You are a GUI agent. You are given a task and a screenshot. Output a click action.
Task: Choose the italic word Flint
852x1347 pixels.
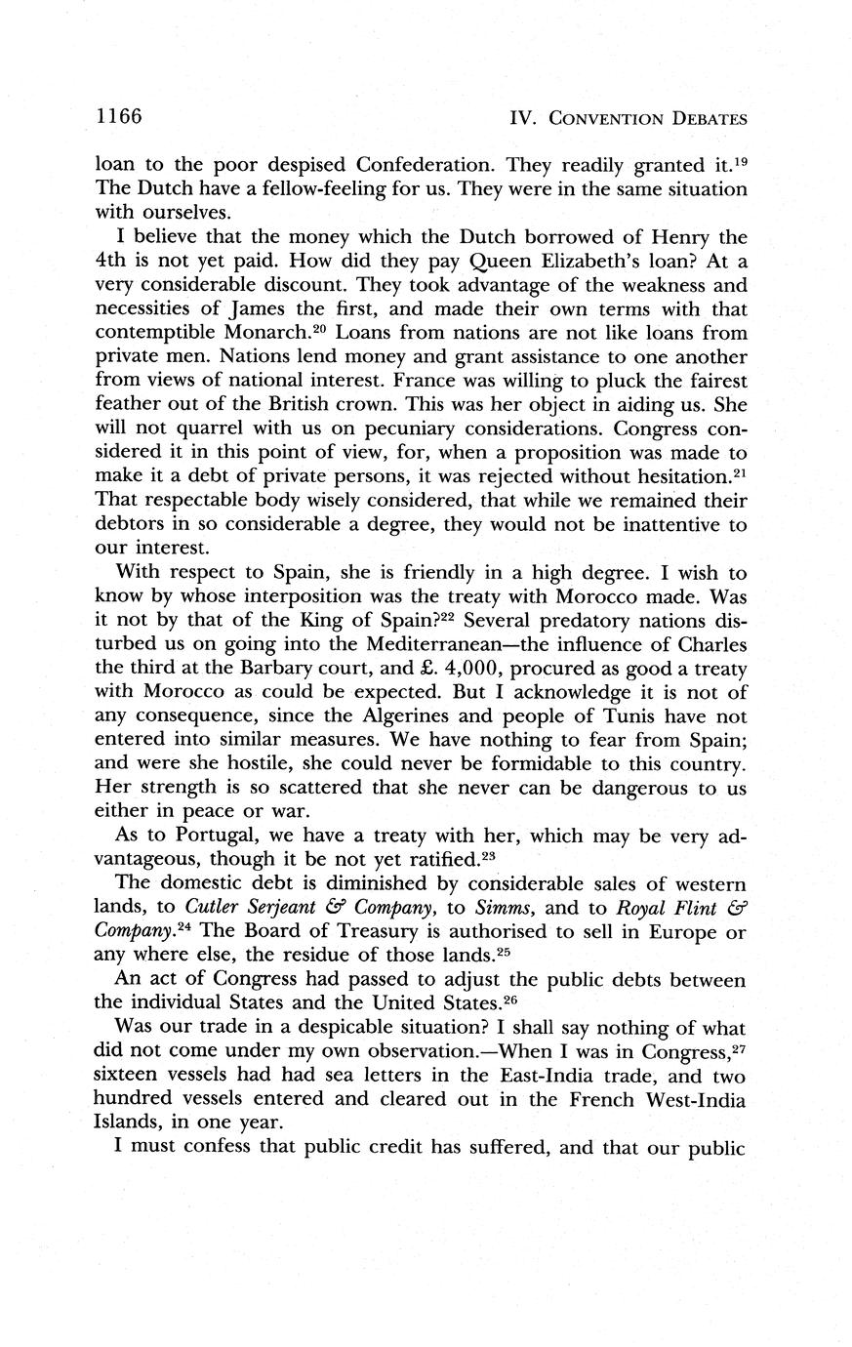pyautogui.click(x=688, y=908)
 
